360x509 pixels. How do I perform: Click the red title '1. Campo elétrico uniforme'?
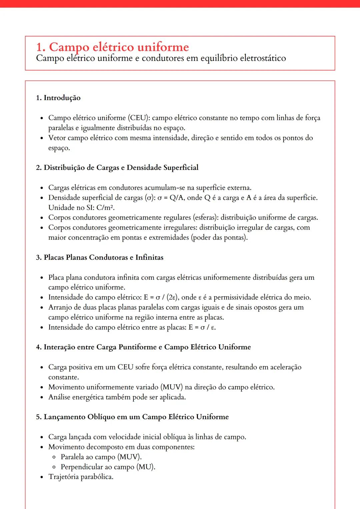pos(112,47)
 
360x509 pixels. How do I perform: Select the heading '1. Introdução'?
pos(58,98)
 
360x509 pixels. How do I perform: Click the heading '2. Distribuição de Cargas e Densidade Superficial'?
pos(117,168)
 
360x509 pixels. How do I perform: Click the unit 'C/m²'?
pos(105,208)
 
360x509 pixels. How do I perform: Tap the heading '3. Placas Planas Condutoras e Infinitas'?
pos(100,257)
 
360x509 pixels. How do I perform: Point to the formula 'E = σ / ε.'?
pos(202,327)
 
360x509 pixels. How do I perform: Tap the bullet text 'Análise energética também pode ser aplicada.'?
pos(117,397)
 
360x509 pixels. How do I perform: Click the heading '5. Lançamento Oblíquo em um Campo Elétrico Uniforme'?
pos(132,417)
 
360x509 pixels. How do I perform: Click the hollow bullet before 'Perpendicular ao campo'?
pos(54,467)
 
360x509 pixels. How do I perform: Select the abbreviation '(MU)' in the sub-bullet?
pos(146,467)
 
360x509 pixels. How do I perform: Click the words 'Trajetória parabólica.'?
pos(81,477)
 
